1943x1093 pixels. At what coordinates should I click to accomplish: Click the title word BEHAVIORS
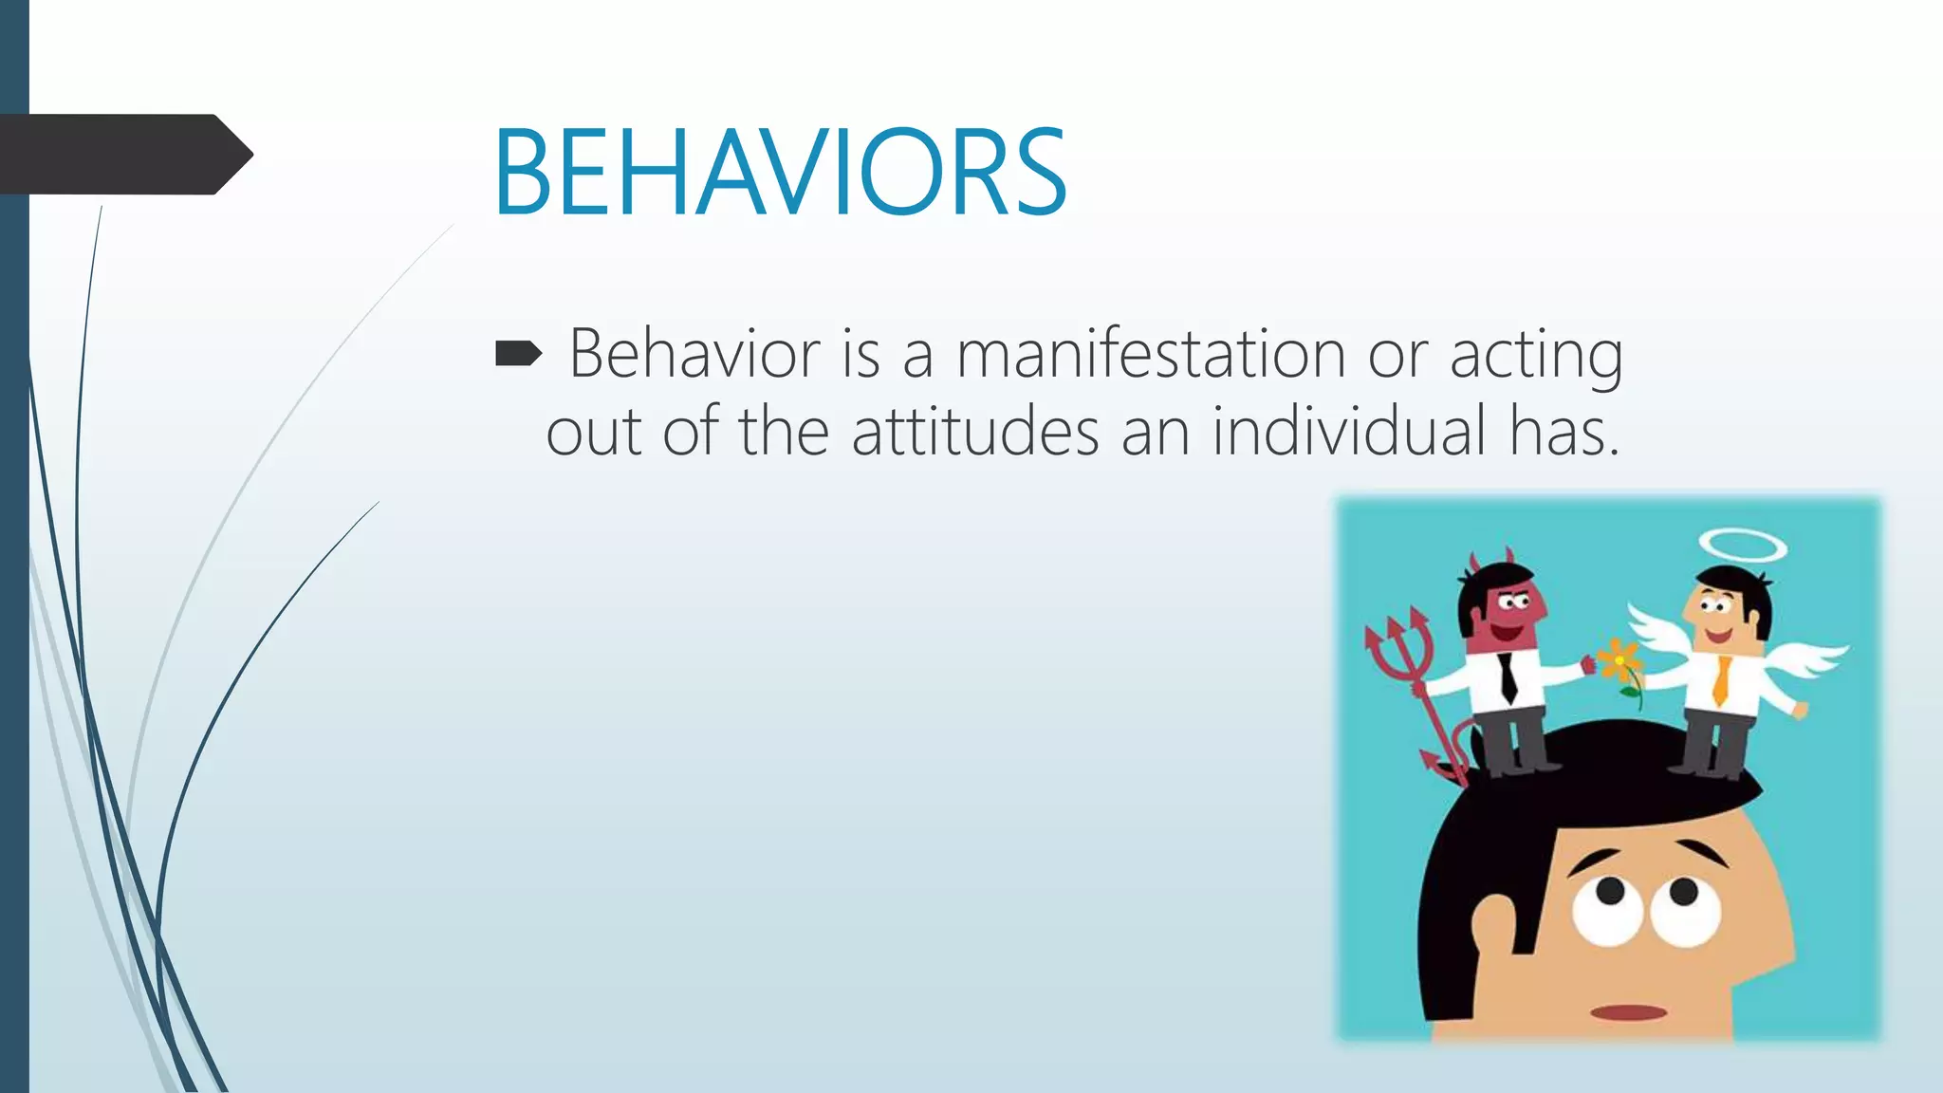(780, 173)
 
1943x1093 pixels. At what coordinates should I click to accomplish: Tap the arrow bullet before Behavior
(518, 355)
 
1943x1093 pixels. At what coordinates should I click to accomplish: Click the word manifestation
(1150, 354)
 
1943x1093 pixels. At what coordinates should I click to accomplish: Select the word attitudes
(974, 432)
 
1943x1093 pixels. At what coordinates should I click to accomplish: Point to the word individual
(1348, 432)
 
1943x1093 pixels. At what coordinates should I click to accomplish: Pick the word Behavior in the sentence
(694, 354)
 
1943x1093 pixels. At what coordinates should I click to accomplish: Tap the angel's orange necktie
(1720, 680)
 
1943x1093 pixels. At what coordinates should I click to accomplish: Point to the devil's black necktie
(1508, 676)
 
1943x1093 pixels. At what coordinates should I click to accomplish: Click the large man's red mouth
(1628, 1011)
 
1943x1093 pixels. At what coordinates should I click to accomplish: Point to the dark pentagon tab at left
(123, 154)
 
